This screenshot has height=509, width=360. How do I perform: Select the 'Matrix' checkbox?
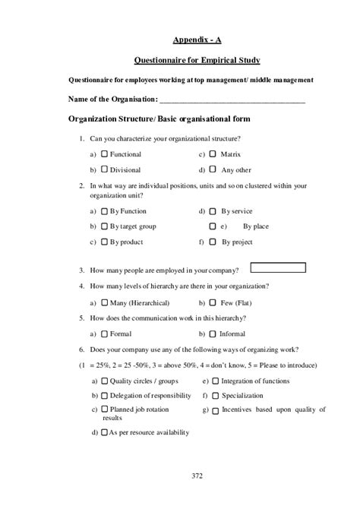coord(213,154)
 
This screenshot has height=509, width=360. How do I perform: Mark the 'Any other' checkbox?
coord(213,169)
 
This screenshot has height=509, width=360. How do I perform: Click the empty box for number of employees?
coord(278,267)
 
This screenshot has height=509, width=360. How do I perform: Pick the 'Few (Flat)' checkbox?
coord(213,302)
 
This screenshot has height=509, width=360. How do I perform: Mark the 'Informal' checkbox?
coord(213,333)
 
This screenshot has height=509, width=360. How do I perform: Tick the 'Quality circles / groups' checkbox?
coord(105,381)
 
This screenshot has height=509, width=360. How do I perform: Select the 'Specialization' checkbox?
coord(216,396)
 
